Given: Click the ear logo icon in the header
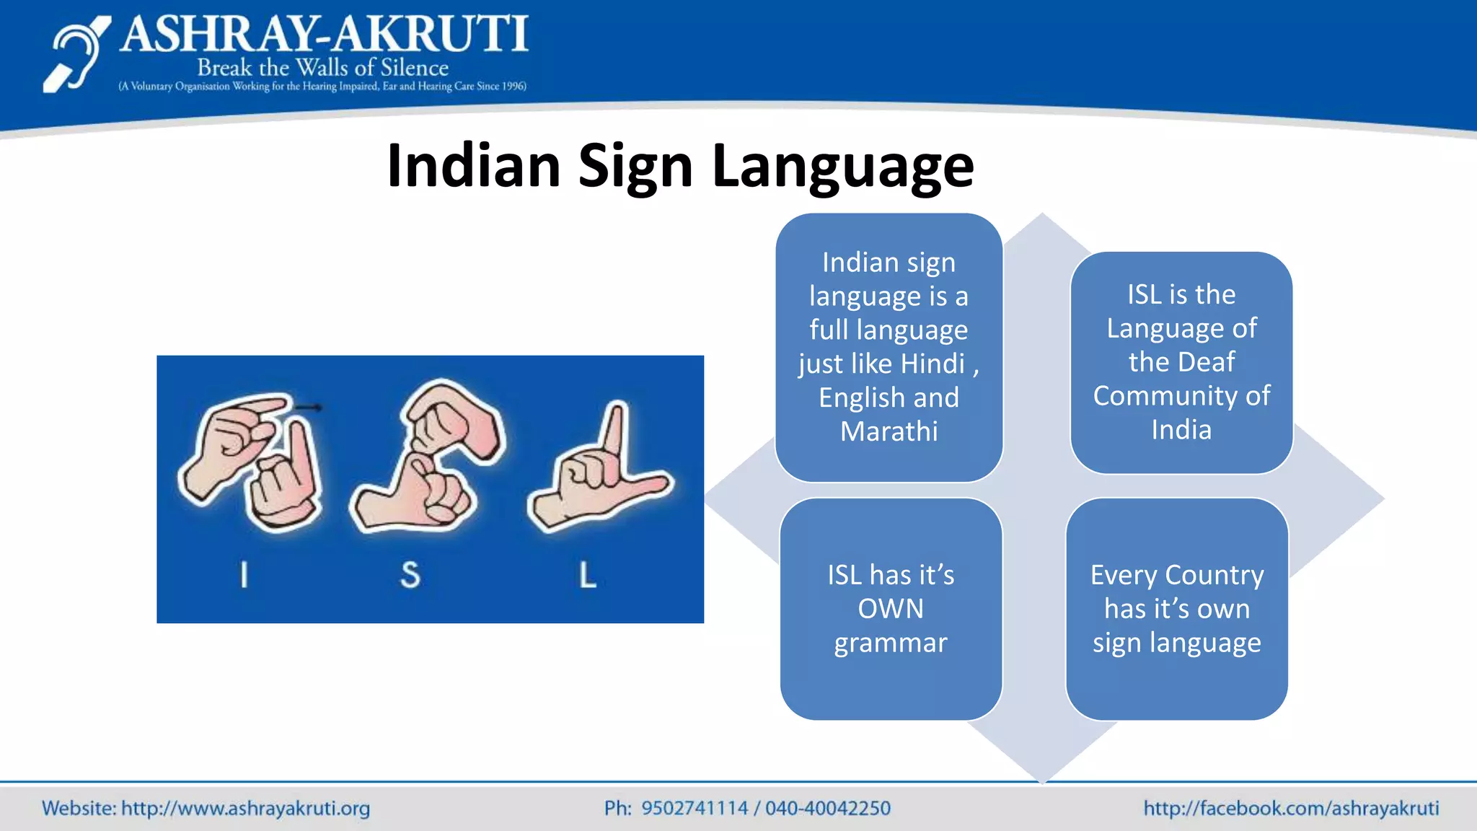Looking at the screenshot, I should (76, 56).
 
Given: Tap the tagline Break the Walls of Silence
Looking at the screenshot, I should (322, 68).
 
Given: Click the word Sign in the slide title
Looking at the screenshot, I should (635, 167).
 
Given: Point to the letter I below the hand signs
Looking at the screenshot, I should (244, 575).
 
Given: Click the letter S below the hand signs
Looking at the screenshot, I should (410, 575).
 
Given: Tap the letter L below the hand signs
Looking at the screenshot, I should (588, 575).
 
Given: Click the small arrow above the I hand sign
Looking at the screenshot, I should (309, 408).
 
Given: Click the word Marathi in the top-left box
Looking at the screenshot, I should (889, 431).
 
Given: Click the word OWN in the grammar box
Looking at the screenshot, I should (890, 609).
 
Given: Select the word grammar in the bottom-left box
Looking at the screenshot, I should (890, 643).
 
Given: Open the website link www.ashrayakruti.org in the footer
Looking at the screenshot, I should (245, 809).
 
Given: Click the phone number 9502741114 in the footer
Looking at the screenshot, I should (695, 809).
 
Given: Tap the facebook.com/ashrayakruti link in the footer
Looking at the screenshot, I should (1291, 809).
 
